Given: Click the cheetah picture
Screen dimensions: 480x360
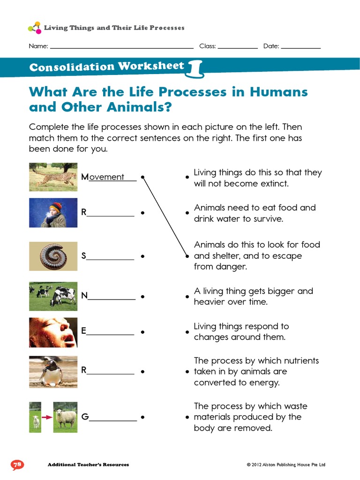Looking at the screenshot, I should [53, 177].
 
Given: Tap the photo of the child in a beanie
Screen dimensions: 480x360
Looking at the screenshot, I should [53, 212].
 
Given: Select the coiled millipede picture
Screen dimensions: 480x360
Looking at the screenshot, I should [53, 256].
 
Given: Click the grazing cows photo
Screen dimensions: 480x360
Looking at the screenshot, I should [53, 296].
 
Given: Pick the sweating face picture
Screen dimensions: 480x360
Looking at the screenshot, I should [53, 332].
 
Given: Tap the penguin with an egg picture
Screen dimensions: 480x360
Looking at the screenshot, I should [53, 371].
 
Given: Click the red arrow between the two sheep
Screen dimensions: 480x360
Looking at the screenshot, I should [47, 416].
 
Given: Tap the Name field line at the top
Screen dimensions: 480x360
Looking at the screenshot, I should [121, 48].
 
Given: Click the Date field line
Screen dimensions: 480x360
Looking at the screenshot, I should [301, 48].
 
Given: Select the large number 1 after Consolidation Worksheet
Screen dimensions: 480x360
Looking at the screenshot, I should [196, 68].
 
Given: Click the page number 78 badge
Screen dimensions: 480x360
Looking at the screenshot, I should [17, 465].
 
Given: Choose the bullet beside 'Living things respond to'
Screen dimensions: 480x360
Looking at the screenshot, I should [187, 332].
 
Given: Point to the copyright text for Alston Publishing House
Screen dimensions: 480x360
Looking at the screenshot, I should [286, 465].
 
